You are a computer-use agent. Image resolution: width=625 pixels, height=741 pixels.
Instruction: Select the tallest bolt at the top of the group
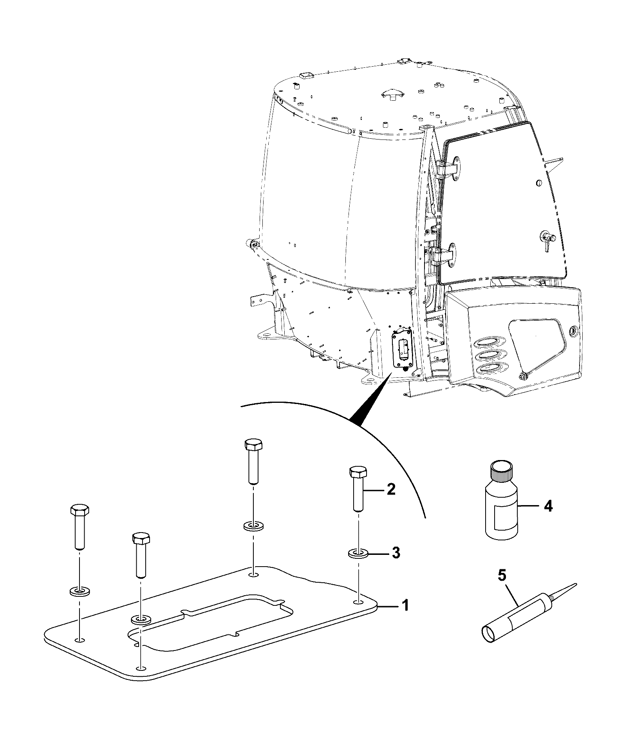(x=253, y=462)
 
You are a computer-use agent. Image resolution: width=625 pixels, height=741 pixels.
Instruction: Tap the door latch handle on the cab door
(x=548, y=237)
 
